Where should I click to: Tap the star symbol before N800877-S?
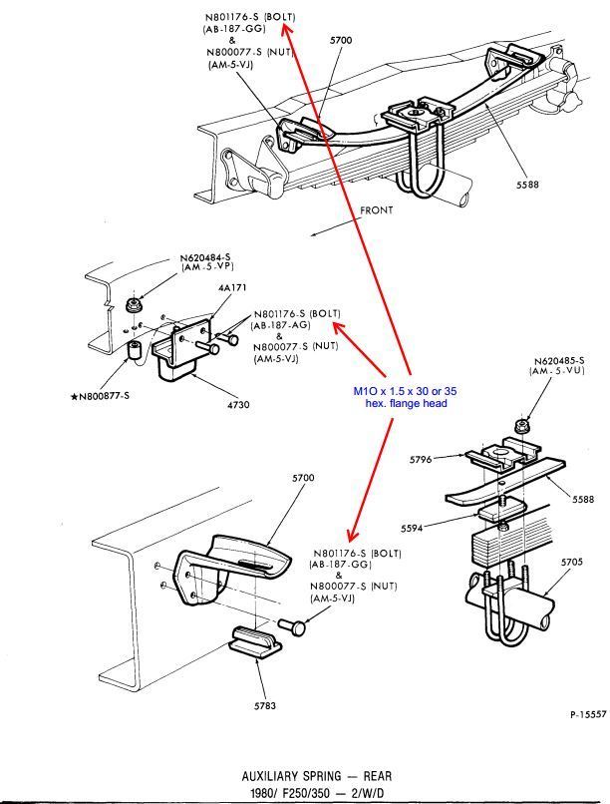click(74, 397)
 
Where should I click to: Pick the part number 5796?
click(422, 460)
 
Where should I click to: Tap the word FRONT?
click(378, 210)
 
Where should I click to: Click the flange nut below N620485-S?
click(520, 427)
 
